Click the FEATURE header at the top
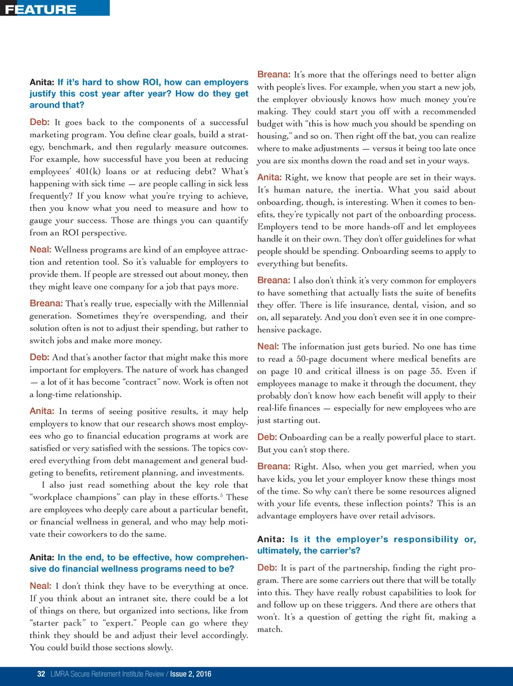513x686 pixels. point(41,10)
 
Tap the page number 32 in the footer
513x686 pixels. point(41,674)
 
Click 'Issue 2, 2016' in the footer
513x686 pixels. point(191,674)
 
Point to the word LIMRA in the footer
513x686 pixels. point(60,674)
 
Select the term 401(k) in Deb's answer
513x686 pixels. point(88,171)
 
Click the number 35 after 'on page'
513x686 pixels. point(436,371)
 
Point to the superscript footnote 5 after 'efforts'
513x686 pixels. point(221,496)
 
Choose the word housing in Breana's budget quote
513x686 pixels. point(273,136)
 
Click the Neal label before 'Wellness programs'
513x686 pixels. point(40,249)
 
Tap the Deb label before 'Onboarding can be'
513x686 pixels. point(267,437)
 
